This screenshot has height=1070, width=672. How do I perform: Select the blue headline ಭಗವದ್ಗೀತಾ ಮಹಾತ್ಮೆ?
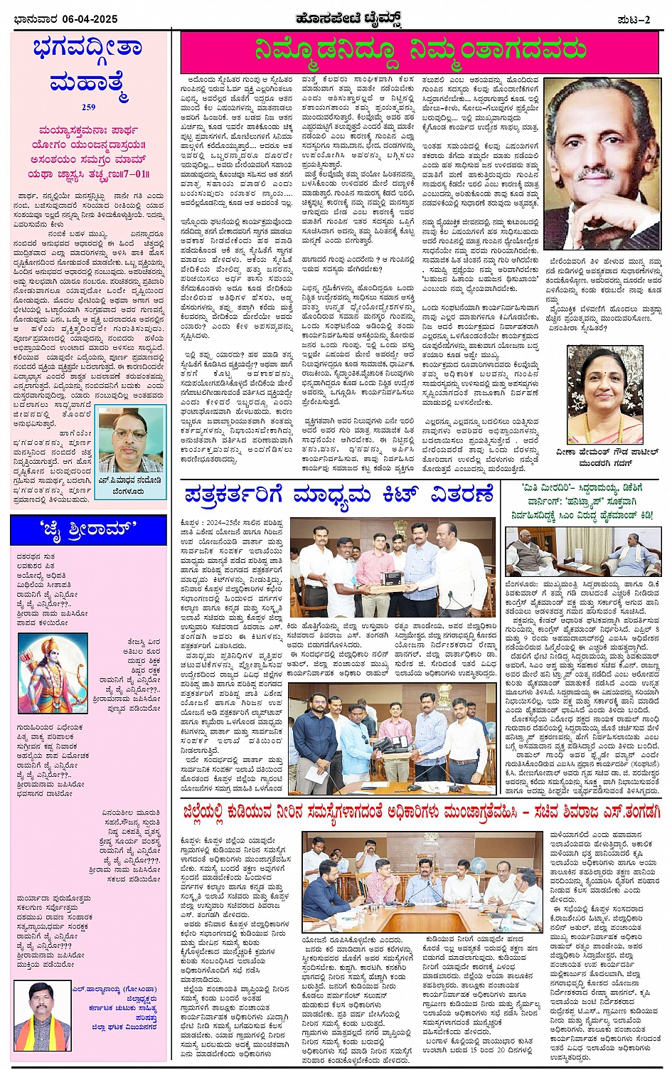pyautogui.click(x=88, y=65)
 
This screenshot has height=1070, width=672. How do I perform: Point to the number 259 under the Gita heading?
pyautogui.click(x=88, y=107)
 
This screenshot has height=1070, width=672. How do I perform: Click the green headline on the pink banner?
pyautogui.click(x=421, y=51)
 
